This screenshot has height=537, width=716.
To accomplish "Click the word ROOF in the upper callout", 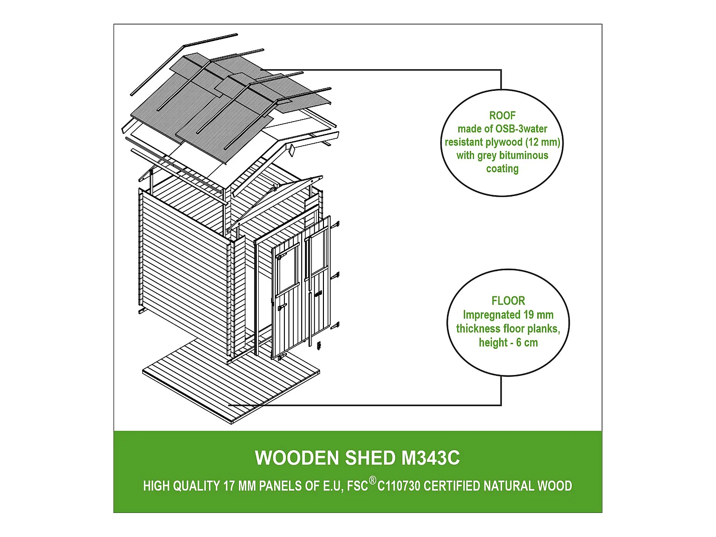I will [x=502, y=116].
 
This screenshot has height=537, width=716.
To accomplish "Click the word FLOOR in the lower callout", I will [x=508, y=301].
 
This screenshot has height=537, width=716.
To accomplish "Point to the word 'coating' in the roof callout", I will [x=502, y=169].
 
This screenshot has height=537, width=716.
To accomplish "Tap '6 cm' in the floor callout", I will [x=527, y=343].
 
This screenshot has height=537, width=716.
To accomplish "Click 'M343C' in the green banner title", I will [x=431, y=458].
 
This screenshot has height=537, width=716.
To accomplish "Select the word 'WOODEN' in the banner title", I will [x=297, y=458].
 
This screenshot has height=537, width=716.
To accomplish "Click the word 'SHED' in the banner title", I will [x=370, y=458].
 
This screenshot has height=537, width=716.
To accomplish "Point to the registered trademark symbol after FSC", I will [x=373, y=480].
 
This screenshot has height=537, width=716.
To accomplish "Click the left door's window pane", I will [x=287, y=269].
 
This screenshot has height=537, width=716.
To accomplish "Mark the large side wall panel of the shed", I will [x=183, y=267].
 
